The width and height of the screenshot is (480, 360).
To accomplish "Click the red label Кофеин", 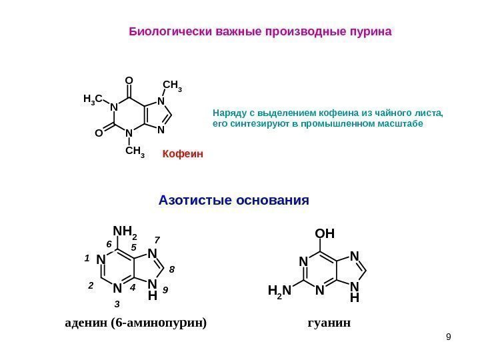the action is tap(182, 154).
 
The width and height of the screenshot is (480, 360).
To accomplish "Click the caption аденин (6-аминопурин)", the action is tap(136, 323).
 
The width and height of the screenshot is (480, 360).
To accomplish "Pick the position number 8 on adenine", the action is tap(171, 269).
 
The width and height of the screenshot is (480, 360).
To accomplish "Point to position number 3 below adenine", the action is tap(117, 304).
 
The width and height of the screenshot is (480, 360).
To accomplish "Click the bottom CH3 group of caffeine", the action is tap(135, 152).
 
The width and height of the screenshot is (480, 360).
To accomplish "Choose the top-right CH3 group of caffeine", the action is tap(172, 86).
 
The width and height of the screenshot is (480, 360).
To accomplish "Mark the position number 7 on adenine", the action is tap(157, 239).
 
